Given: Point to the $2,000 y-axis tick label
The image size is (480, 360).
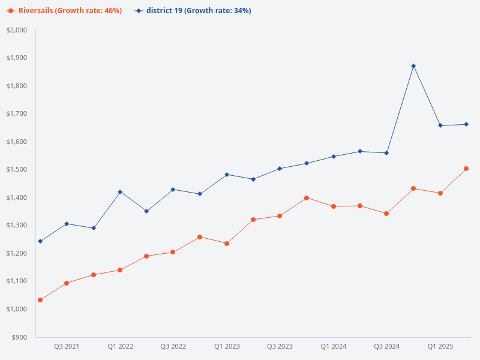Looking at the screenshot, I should (17, 30).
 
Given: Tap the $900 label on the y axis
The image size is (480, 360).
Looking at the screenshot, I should (19, 337).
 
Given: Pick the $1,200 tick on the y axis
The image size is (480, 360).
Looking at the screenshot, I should (17, 253).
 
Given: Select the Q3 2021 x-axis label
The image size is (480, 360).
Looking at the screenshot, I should (67, 346).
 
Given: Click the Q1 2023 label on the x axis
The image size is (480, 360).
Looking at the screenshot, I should (227, 346).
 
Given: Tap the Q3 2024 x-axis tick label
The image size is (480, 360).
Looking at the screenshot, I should (387, 346).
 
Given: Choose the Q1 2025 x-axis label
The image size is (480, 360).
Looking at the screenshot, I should (440, 346).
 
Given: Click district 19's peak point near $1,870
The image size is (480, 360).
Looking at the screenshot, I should (413, 66).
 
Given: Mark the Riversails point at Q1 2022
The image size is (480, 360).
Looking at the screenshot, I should (120, 270).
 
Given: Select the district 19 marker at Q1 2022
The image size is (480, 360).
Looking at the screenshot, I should (120, 192).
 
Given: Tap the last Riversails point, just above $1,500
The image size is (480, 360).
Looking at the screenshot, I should (466, 169).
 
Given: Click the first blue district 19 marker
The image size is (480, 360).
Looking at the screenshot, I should (40, 241).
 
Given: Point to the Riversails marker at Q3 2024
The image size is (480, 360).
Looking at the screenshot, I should (386, 214).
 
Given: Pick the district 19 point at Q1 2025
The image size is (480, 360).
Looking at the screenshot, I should (440, 125).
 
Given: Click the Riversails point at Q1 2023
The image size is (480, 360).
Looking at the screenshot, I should (227, 244).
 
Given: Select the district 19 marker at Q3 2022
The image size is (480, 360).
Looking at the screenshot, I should (173, 190).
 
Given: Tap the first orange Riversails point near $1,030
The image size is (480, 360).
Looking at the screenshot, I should (40, 300).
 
